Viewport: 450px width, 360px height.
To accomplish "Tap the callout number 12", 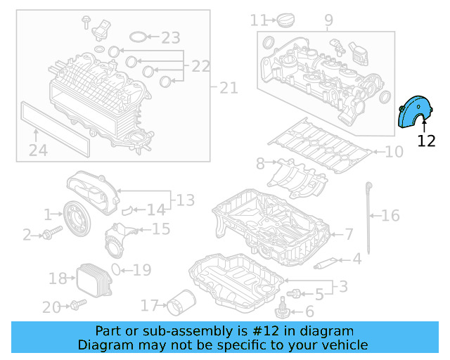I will pyautogui.click(x=426, y=140).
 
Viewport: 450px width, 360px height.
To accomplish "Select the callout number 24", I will pyautogui.click(x=38, y=150).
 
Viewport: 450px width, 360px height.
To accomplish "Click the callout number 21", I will pyautogui.click(x=229, y=88).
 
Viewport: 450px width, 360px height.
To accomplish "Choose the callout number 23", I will pyautogui.click(x=171, y=37).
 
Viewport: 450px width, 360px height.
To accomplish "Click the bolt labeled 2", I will pyautogui.click(x=48, y=235).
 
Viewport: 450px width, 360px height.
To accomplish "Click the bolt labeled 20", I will pyautogui.click(x=77, y=305).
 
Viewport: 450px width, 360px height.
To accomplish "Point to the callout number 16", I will pyautogui.click(x=390, y=215).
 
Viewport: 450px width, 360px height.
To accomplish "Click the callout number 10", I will pyautogui.click(x=394, y=151).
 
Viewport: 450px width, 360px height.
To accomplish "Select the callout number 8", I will pyautogui.click(x=260, y=164).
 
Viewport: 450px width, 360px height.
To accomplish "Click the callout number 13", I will pyautogui.click(x=185, y=201).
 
